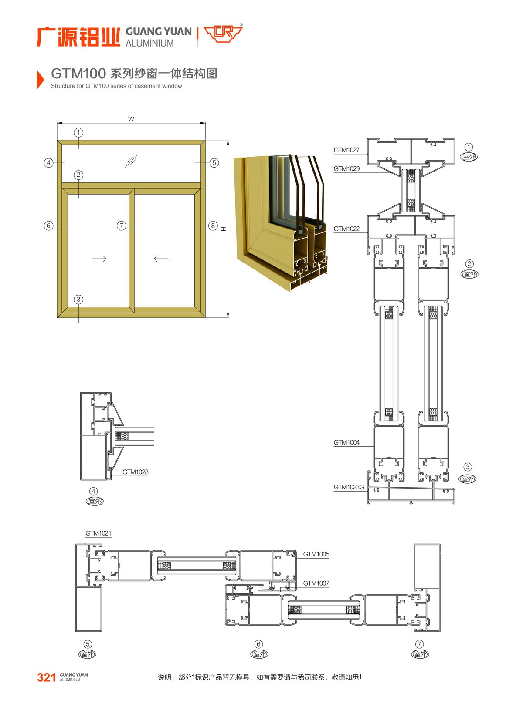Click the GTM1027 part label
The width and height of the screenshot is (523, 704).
pos(346,150)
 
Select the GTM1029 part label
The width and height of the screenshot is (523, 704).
pos(346,169)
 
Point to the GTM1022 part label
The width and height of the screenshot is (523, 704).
pos(346,229)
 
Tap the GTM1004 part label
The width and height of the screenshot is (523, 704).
pos(346,443)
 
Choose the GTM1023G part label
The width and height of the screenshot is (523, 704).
pos(349,488)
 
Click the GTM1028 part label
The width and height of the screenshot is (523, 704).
pos(135,472)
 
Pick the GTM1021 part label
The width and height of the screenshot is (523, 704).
pos(98,533)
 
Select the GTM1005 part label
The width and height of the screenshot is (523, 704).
pos(316,555)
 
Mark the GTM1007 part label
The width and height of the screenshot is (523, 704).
pos(316,583)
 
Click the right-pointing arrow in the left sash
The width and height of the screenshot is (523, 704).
pos(99,259)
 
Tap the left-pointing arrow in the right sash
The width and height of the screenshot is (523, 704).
pos(161,259)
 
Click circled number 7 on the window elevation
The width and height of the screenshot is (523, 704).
pos(121,226)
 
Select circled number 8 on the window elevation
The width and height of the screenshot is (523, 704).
pos(213,226)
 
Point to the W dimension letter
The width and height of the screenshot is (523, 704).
pos(131,119)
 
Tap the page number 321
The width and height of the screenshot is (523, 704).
pos(47,677)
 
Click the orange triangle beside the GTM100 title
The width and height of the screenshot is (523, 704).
pos(41,79)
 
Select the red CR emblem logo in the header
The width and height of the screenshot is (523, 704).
pos(223,34)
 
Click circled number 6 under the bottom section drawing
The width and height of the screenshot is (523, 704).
pos(258,644)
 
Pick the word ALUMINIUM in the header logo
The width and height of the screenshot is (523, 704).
pos(149,43)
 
